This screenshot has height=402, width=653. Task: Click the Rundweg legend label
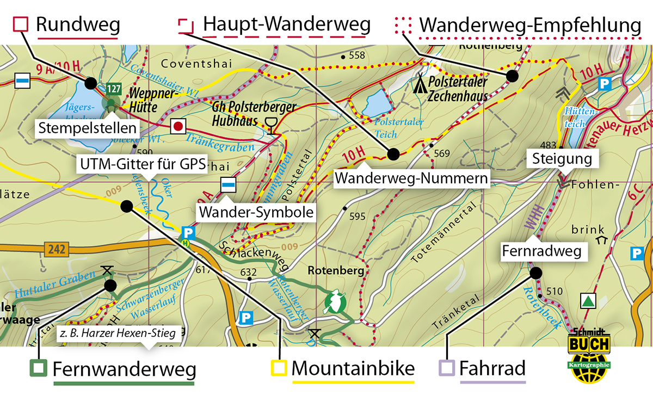click(x=77, y=24)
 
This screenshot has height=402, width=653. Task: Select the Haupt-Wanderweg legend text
click(x=286, y=24)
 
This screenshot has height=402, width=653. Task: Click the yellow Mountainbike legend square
click(x=279, y=368)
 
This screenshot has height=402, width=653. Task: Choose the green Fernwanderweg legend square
click(x=39, y=368)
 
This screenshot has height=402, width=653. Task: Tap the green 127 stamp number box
click(x=113, y=88)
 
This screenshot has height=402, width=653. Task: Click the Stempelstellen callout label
click(x=87, y=129)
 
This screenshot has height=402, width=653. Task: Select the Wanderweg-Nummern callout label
click(x=410, y=178)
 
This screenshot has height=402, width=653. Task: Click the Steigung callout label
click(x=562, y=159)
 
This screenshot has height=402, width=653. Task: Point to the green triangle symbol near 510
click(x=588, y=300)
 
